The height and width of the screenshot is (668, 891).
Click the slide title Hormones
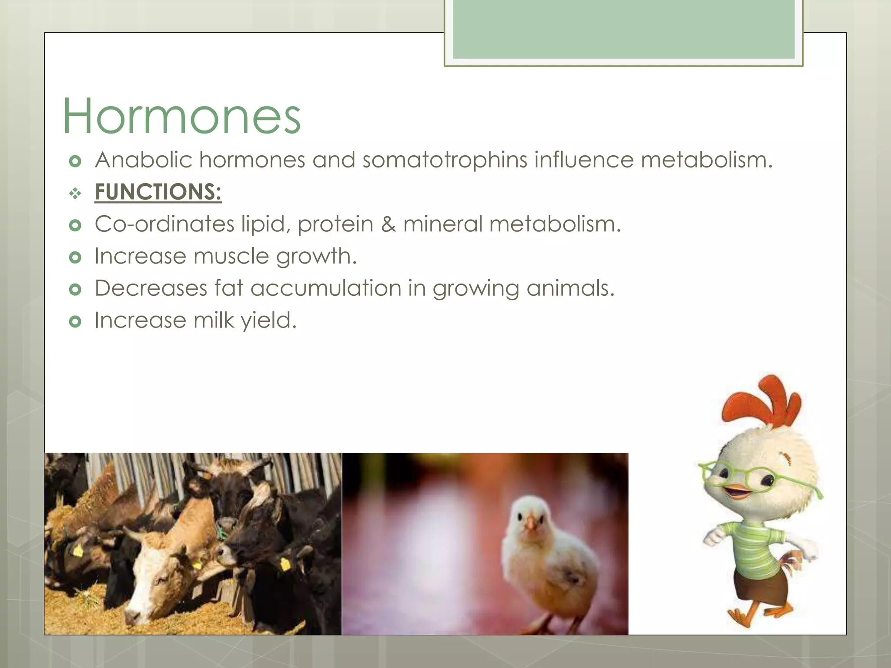pos(182,117)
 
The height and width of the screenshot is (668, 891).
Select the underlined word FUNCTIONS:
pos(158,192)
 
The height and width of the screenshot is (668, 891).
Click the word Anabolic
pos(144,160)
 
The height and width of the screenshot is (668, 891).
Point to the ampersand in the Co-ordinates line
pos(388,224)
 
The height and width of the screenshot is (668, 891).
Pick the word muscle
pos(231,256)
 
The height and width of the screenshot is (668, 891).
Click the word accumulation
pos(326,288)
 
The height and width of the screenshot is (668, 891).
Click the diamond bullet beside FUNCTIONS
pos(75,193)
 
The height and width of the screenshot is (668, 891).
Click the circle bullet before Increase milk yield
pos(75,321)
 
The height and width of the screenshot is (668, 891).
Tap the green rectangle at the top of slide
pos(623,30)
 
